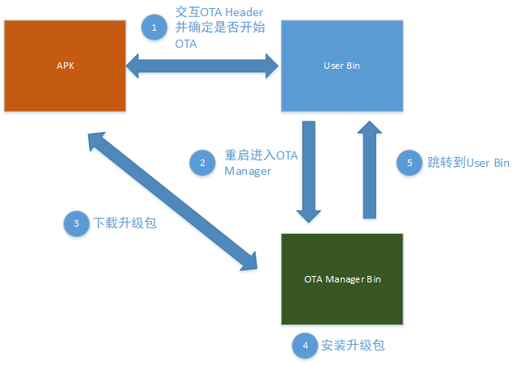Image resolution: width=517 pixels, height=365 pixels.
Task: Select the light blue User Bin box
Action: click(341, 66)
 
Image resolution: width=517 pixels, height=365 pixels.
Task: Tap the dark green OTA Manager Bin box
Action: click(341, 279)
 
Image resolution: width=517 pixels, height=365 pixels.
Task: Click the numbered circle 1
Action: click(153, 28)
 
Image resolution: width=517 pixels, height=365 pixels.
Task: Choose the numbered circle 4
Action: click(304, 346)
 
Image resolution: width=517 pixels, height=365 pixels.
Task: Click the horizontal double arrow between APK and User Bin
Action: click(203, 66)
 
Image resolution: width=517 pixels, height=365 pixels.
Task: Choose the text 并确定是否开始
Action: click(213, 29)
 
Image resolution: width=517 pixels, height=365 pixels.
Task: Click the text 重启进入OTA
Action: click(261, 155)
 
